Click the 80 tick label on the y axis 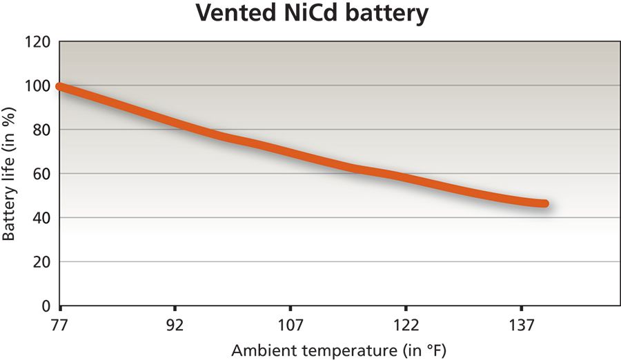(x=42, y=130)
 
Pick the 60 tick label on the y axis (x=42, y=174)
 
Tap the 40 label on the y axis (x=42, y=218)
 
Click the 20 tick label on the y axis (x=42, y=262)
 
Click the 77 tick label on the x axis (x=61, y=325)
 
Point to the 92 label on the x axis (x=175, y=325)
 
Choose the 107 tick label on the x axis (x=290, y=325)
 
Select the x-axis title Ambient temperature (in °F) (x=334, y=349)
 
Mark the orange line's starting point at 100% (x=61, y=87)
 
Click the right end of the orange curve (x=544, y=203)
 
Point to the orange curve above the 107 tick (x=290, y=152)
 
